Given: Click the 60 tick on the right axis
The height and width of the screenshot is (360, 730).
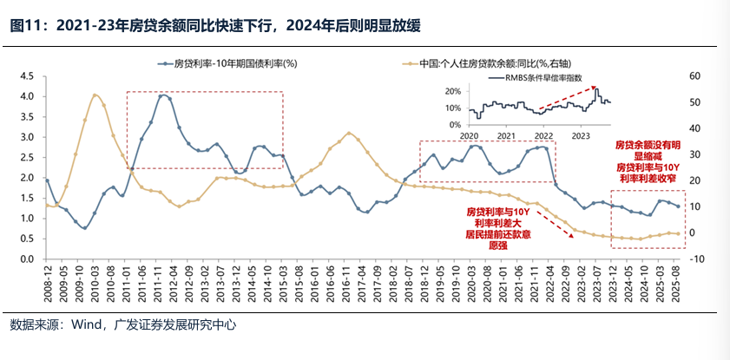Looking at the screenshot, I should tap(696, 75).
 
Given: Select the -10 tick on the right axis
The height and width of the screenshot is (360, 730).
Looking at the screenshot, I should tap(698, 259).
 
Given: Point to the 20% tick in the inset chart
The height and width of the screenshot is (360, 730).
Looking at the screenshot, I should tap(453, 91).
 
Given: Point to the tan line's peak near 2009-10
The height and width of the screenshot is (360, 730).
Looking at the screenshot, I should tap(95, 95).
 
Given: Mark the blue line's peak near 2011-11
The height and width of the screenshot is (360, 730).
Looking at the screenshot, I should tap(163, 95).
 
